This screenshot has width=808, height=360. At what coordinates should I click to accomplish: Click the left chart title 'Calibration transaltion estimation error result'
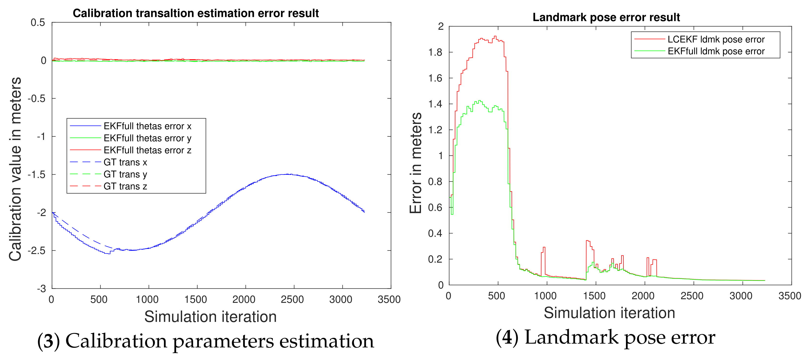point(196,13)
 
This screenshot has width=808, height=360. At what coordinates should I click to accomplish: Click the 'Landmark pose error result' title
point(606,17)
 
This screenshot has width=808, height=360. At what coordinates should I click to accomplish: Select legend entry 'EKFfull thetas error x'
point(147,126)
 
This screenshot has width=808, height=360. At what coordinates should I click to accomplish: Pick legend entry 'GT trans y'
point(125,174)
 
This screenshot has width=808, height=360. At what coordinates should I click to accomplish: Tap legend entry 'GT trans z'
point(125,186)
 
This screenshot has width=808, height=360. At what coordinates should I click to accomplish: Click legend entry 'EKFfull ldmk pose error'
point(716,51)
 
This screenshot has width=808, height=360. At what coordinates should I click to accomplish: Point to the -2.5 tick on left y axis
point(37,251)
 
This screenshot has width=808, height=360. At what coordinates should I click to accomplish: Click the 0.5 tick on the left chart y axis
point(38,22)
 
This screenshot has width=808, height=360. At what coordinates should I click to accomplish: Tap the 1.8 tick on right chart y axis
point(435,52)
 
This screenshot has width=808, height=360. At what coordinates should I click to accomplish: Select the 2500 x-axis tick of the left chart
point(292,300)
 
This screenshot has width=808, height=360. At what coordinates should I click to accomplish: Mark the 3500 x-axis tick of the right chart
point(790,296)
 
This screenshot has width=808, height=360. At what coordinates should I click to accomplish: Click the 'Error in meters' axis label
point(416,163)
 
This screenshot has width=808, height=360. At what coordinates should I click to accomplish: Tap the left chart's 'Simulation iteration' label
point(210,316)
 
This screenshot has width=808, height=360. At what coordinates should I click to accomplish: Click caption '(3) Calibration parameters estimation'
point(205,341)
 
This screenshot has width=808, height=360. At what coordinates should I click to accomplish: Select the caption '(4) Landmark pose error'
point(605,337)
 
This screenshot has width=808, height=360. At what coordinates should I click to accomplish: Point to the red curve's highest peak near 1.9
point(495,36)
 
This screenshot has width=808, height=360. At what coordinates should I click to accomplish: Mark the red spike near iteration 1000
point(544,247)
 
